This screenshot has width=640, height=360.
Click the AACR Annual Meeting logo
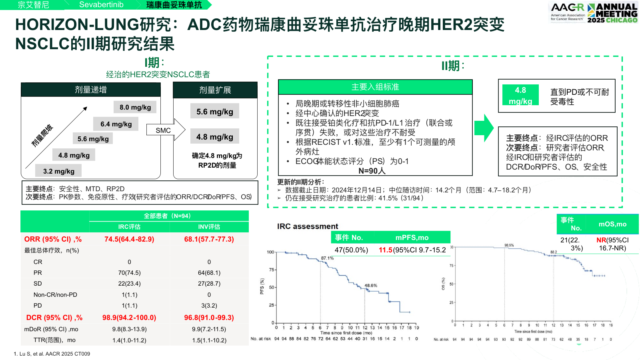point(594,12)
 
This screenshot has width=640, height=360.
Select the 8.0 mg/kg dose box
point(135,107)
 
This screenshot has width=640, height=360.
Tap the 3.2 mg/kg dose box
point(59,171)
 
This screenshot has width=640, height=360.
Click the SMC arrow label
point(163,130)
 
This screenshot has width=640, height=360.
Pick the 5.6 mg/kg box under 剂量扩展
point(215,112)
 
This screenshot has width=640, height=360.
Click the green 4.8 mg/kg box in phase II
point(520,96)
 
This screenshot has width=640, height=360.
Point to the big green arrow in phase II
point(484,128)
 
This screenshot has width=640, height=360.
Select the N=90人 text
point(372,171)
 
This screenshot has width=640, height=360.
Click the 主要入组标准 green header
point(375,87)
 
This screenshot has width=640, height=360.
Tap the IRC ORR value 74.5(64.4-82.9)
point(129,239)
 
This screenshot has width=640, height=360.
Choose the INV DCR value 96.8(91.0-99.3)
point(209,318)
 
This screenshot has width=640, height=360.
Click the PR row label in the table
point(38,273)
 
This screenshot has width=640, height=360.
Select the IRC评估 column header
point(129,227)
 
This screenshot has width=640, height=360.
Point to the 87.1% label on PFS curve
point(327,258)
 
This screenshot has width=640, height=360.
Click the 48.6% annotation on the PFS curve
point(371,286)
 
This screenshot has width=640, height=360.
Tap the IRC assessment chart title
point(308,226)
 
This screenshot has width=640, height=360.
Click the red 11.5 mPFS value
point(385,250)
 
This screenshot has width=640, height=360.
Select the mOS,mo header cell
point(612,224)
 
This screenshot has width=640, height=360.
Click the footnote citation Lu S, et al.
point(52,354)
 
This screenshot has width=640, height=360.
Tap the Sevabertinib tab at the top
point(101,5)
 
